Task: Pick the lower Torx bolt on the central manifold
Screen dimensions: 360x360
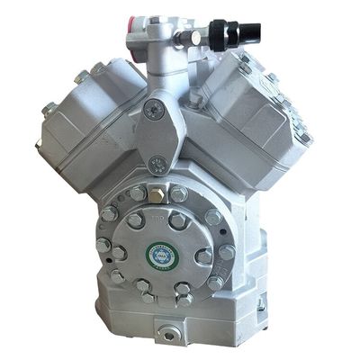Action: (159, 164)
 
